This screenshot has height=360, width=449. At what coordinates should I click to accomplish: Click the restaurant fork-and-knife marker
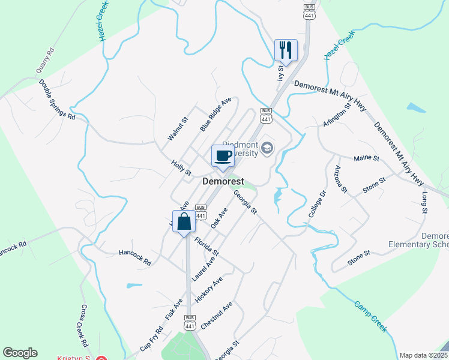click(x=286, y=50)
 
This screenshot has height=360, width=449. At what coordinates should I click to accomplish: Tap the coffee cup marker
click(x=223, y=156)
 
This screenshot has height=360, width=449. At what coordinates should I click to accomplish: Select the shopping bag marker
click(x=184, y=222)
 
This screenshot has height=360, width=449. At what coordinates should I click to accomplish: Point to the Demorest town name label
click(x=223, y=181)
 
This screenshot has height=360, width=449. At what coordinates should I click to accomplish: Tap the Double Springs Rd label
click(x=57, y=100)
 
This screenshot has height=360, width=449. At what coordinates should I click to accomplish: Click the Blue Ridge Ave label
click(x=215, y=115)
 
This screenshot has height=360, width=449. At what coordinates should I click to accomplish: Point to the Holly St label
click(x=181, y=167)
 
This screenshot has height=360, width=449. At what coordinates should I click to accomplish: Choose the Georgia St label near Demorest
click(x=245, y=202)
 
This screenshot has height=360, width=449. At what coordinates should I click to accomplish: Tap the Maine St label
click(x=367, y=159)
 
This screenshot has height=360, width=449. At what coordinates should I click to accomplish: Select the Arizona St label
click(x=341, y=179)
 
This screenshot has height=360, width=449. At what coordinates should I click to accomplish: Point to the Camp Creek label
click(x=370, y=316)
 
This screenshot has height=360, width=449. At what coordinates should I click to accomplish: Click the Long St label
click(x=424, y=203)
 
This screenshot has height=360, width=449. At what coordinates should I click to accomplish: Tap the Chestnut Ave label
click(x=217, y=316)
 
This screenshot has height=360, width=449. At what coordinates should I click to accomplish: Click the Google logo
click(x=20, y=353)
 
